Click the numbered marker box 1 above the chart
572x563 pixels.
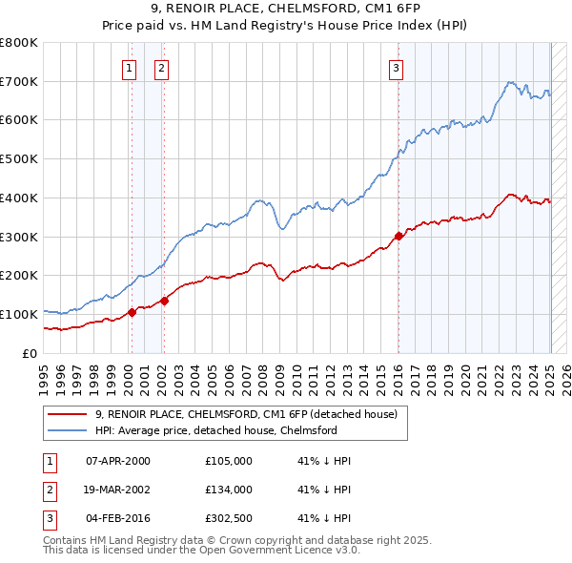pyautogui.click(x=128, y=68)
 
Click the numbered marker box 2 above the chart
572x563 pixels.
pyautogui.click(x=161, y=68)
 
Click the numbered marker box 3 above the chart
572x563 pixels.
pyautogui.click(x=395, y=68)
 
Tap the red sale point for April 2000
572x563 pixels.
pyautogui.click(x=132, y=312)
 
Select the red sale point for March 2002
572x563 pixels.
pyautogui.click(x=164, y=301)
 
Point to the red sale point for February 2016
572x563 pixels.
pyautogui.click(x=398, y=235)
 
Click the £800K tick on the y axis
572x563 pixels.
pyautogui.click(x=18, y=43)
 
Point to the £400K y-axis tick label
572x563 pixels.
pyautogui.click(x=18, y=198)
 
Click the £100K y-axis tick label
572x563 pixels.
pyautogui.click(x=18, y=314)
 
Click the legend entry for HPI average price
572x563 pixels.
pyautogui.click(x=215, y=430)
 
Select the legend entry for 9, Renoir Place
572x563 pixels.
pyautogui.click(x=252, y=413)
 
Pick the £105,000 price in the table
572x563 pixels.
pyautogui.click(x=228, y=461)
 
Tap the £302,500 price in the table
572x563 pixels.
pyautogui.click(x=228, y=518)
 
